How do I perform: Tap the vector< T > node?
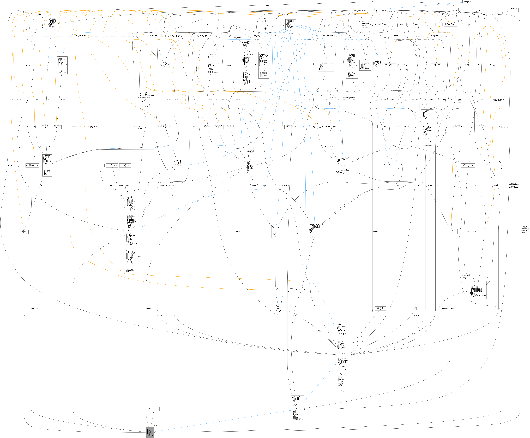pos(111,10)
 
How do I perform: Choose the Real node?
pos(14,10)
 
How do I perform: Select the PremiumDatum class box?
pos(165,65)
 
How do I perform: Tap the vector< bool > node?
pos(182,65)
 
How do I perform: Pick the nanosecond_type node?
pos(158,308)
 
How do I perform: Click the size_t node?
pos(414,308)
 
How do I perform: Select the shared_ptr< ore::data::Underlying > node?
pos(154,409)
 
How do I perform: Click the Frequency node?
pos(407,65)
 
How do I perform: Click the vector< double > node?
pos(28,100)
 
